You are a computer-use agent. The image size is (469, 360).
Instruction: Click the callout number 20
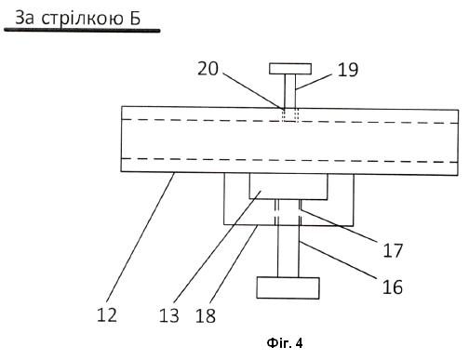[x=208, y=69]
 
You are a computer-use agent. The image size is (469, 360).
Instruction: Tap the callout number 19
[x=348, y=70]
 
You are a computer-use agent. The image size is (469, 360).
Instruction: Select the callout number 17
[x=393, y=250]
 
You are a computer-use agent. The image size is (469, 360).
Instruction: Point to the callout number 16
[x=393, y=287]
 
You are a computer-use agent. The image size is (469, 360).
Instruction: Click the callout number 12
[x=107, y=315]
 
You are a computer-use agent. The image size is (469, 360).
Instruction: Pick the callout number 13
[x=169, y=315]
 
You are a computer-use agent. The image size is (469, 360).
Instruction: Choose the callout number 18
[x=206, y=316]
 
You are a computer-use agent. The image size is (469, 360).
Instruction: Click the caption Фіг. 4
[x=285, y=343]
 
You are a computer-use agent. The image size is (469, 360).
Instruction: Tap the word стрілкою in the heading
[x=83, y=20]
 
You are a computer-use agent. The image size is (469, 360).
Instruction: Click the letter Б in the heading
[x=135, y=18]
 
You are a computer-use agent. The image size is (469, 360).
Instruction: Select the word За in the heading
[x=25, y=18]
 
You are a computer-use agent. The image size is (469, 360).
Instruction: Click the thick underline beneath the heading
[x=82, y=30]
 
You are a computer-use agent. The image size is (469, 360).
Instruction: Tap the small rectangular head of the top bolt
[x=290, y=69]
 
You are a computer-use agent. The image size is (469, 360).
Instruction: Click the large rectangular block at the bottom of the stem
[x=288, y=288]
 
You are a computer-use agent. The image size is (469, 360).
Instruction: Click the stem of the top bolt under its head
[x=290, y=91]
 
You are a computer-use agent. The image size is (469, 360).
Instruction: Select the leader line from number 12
[x=141, y=237]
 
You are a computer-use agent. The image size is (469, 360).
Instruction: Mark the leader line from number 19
[x=314, y=82]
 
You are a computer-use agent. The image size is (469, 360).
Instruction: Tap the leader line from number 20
[x=253, y=91]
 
